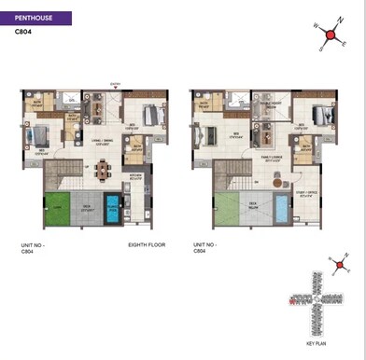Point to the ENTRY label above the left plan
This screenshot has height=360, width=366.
(115, 82)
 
